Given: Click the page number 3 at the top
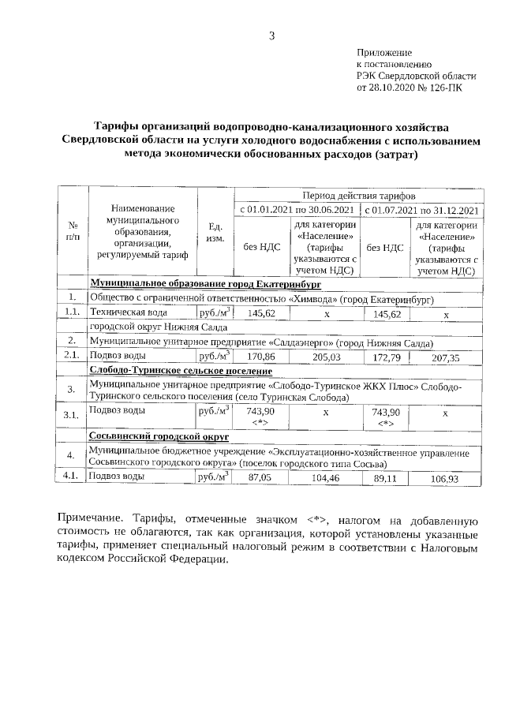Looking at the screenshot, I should tap(272, 35).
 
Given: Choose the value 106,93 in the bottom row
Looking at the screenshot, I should tap(447, 478).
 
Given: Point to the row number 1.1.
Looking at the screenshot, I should tap(72, 313).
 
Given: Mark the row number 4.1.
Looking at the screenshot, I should tap(72, 477).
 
